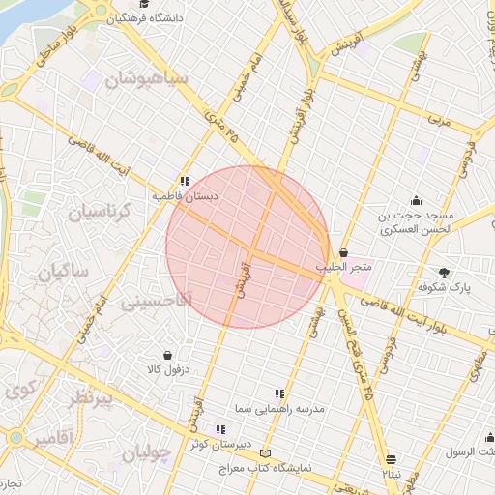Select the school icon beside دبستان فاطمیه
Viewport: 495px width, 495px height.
pos(184,180)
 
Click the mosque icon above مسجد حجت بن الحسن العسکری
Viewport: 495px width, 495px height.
pos(417,200)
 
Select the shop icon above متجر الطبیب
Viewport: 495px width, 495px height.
pos(343,252)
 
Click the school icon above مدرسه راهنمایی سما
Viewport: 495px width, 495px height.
pos(280,393)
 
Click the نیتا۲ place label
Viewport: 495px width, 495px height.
pos(390,475)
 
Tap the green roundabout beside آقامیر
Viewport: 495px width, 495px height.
pos(15,438)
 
